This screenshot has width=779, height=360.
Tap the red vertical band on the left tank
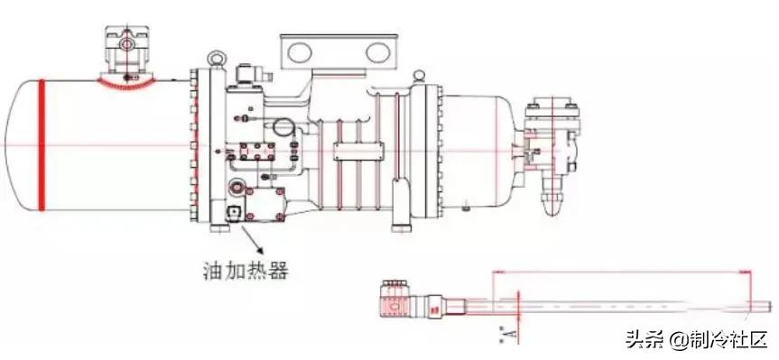41,144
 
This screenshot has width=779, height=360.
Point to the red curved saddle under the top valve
125,84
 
